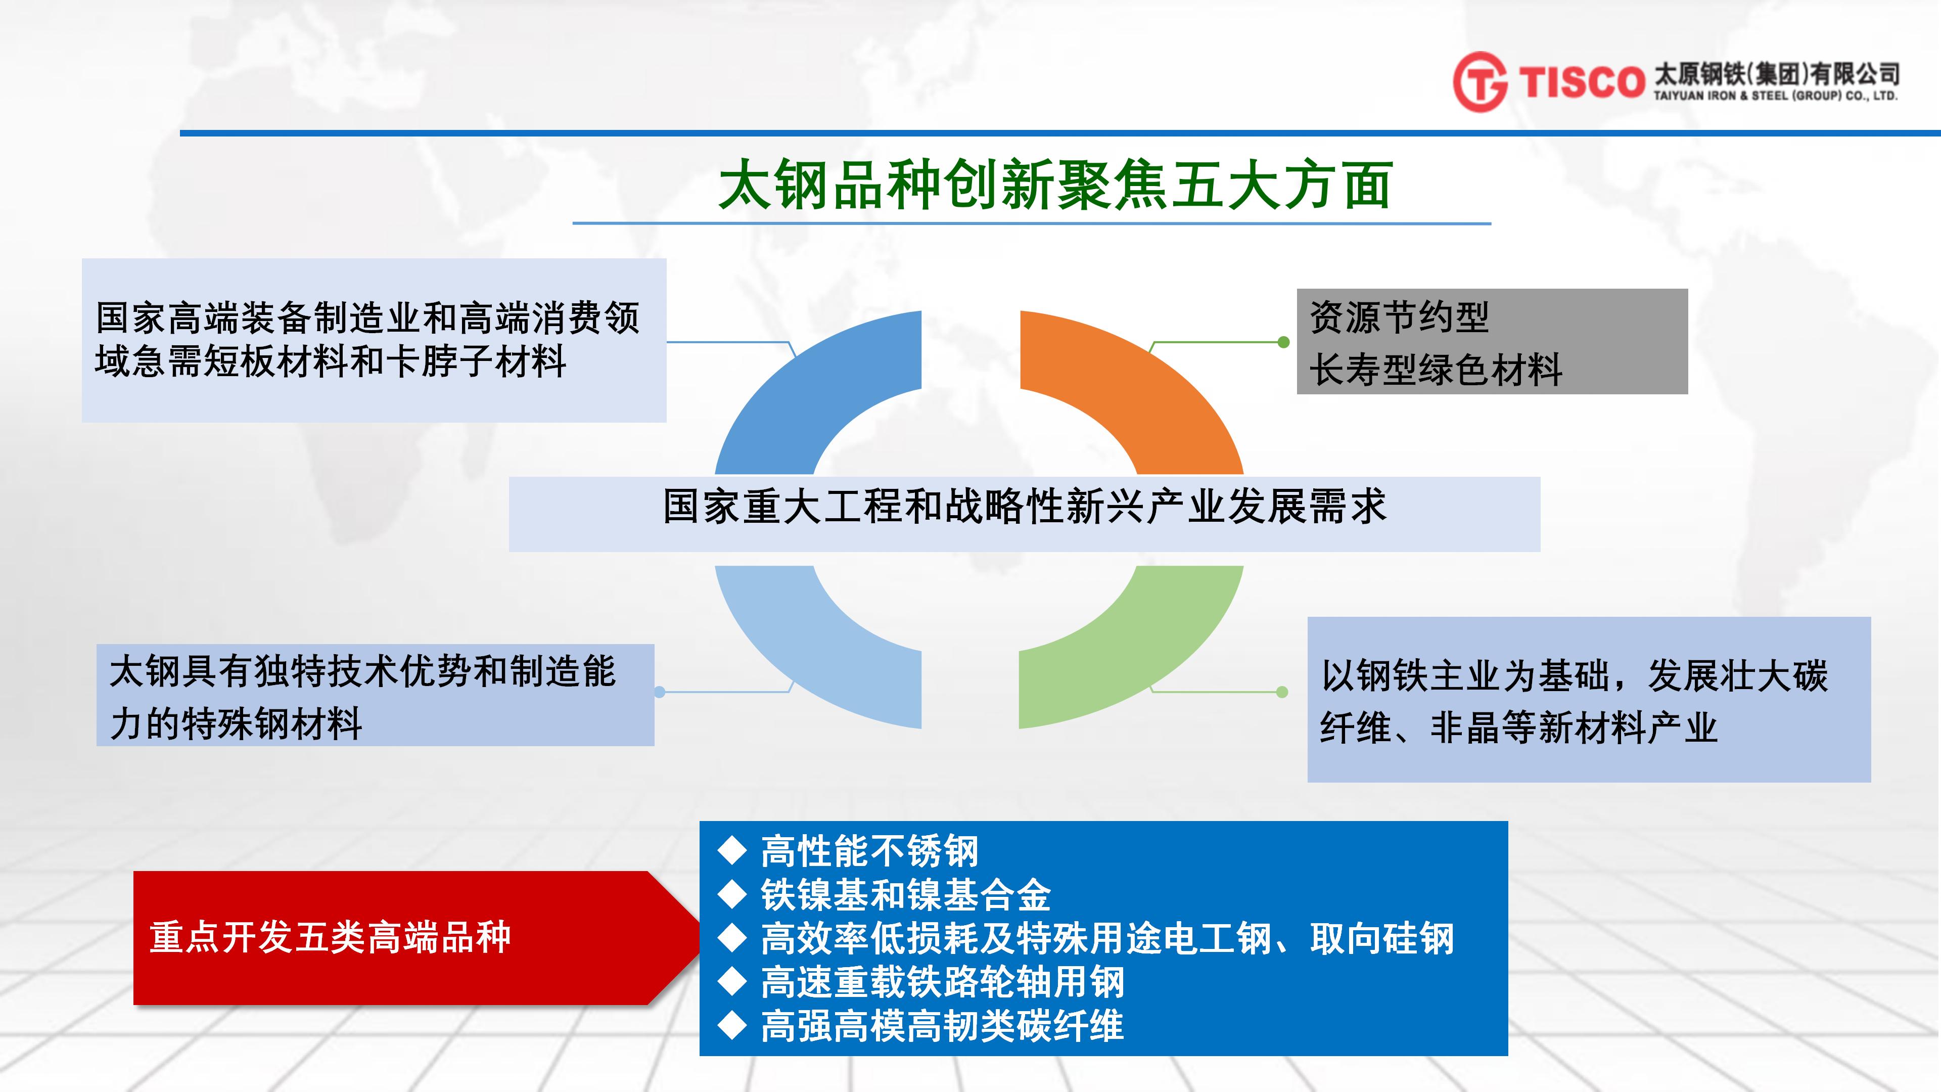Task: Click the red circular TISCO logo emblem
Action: (x=1480, y=81)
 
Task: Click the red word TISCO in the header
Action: (x=1581, y=82)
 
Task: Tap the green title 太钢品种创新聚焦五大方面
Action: (x=1055, y=184)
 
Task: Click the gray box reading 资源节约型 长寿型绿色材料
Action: (x=1492, y=341)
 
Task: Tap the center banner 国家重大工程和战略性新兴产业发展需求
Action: (x=1024, y=514)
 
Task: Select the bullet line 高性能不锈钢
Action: (x=869, y=851)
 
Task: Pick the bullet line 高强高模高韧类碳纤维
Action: (x=942, y=1026)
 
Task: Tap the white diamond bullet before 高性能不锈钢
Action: (x=731, y=851)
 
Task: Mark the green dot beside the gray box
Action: (x=1284, y=342)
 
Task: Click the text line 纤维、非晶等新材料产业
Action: (x=1518, y=728)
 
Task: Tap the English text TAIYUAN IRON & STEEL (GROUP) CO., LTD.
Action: (x=1775, y=96)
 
